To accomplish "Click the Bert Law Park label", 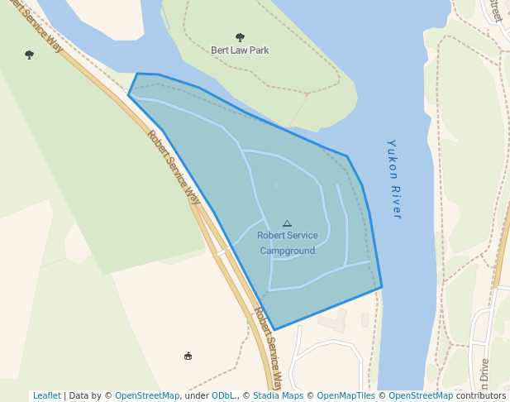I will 240,50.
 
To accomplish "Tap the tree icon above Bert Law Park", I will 240,37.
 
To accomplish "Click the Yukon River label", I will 394,179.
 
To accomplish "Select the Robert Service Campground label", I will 287,243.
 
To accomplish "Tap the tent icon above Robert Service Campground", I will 287,223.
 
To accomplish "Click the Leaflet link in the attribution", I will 46,396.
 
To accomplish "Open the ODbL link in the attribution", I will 222,396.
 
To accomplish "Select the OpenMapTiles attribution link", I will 346,396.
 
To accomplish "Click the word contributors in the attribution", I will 481,396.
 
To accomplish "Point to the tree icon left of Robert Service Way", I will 30,55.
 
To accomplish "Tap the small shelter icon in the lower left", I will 188,357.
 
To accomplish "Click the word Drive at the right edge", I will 484,374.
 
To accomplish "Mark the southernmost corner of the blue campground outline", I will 275,329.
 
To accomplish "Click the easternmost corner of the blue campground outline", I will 382,287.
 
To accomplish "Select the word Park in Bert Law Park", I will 259,50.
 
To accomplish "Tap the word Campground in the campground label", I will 287,251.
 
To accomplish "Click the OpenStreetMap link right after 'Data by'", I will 147,396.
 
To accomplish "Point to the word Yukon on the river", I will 392,156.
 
